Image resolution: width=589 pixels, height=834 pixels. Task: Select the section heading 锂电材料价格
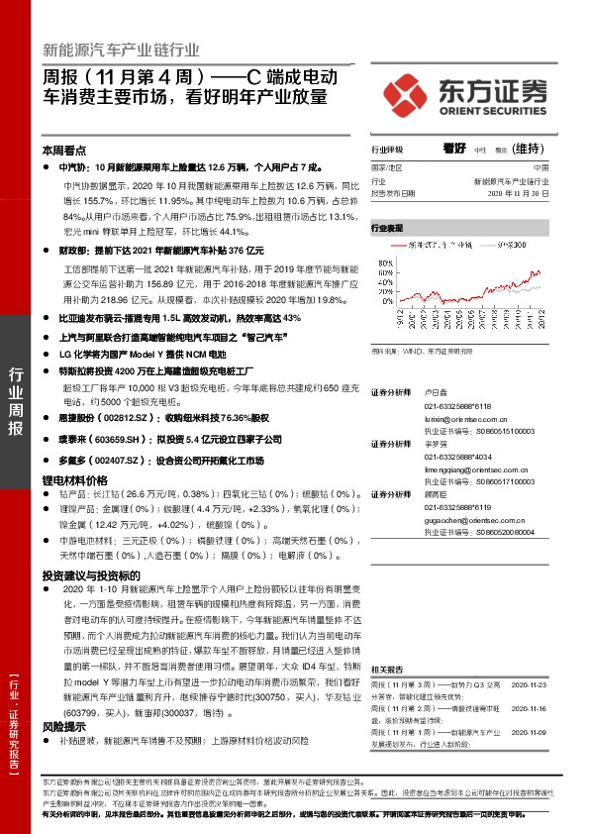tap(74, 479)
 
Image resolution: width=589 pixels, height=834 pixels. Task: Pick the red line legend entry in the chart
tap(421, 242)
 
